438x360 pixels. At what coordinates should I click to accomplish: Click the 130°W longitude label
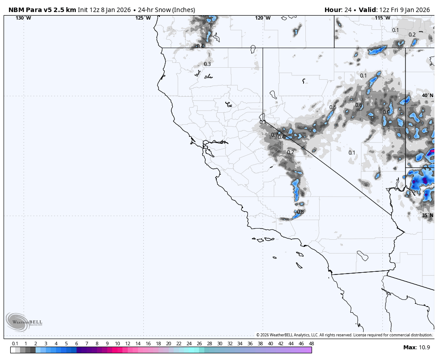(x=23, y=18)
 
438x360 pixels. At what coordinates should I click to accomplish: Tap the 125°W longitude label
(x=143, y=18)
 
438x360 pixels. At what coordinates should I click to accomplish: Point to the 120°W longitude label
(x=263, y=18)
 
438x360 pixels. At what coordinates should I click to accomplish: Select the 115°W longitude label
(x=382, y=18)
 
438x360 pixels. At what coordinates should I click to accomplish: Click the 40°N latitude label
(x=427, y=95)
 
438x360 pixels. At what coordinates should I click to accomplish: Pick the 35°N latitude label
(x=427, y=215)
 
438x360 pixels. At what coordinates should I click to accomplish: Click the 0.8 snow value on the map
(x=300, y=212)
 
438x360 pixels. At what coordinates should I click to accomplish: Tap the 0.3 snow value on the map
(x=207, y=64)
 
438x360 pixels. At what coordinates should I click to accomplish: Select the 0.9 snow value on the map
(x=386, y=112)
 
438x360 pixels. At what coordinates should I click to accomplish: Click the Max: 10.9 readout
(x=417, y=347)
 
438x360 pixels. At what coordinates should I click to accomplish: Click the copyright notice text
(x=344, y=335)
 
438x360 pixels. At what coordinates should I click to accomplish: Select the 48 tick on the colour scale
(x=311, y=344)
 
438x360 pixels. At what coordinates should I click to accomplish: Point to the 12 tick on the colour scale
(x=128, y=344)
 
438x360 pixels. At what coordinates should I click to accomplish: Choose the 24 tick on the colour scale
(x=189, y=344)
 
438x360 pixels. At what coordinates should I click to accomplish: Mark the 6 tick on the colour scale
(x=77, y=344)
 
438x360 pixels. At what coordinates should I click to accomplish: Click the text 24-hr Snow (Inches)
(x=168, y=10)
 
